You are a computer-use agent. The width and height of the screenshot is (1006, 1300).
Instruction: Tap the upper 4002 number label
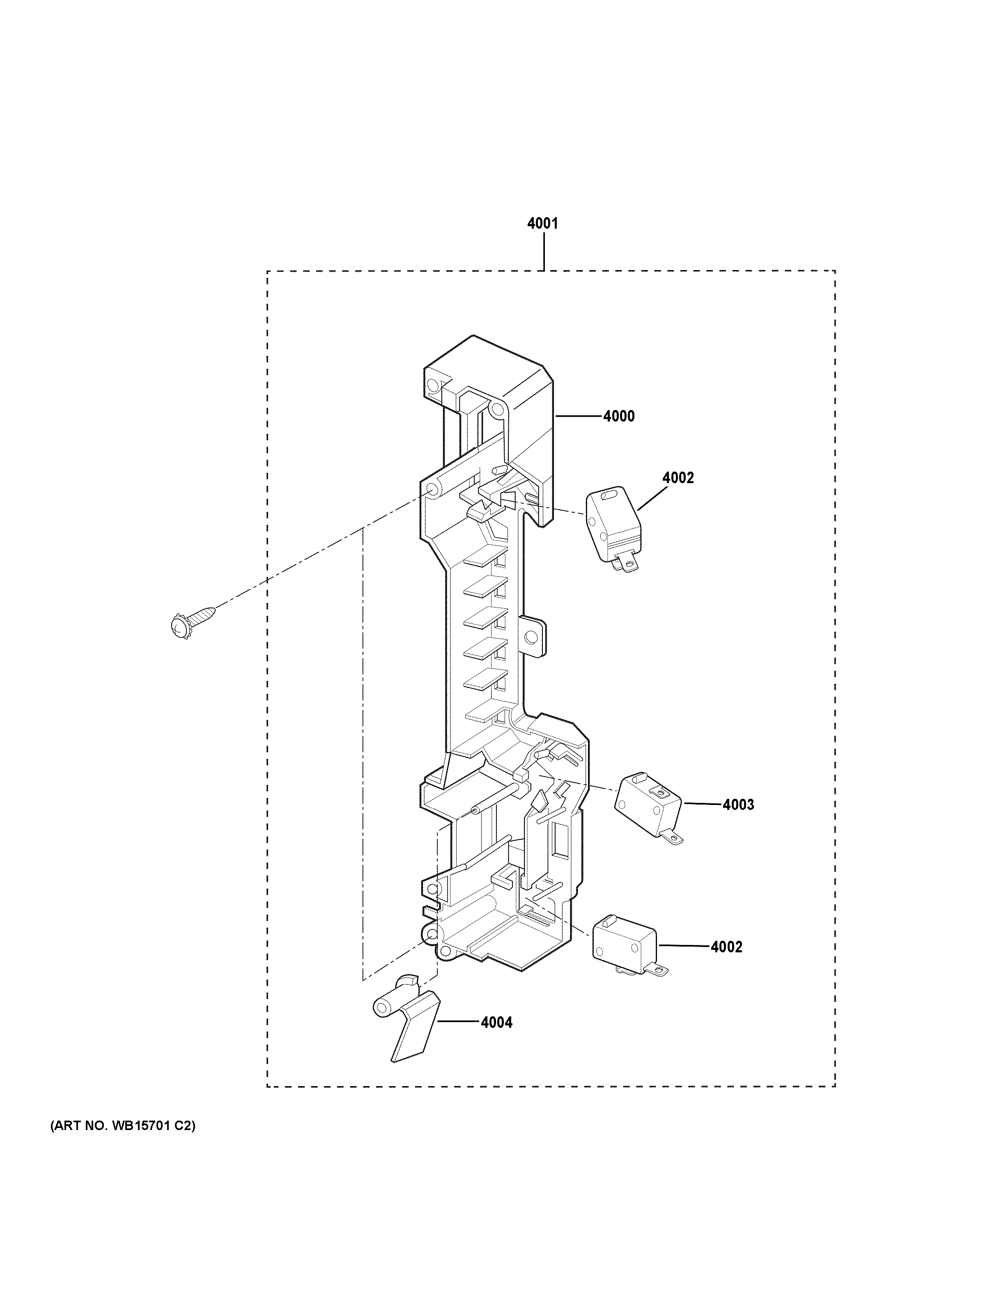coord(678,478)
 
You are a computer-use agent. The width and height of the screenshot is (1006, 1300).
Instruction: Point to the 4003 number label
coord(738,805)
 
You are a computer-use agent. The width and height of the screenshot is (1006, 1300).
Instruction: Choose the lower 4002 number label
coord(726,947)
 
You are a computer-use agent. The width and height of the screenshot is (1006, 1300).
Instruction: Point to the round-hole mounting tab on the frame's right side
coord(532,637)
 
